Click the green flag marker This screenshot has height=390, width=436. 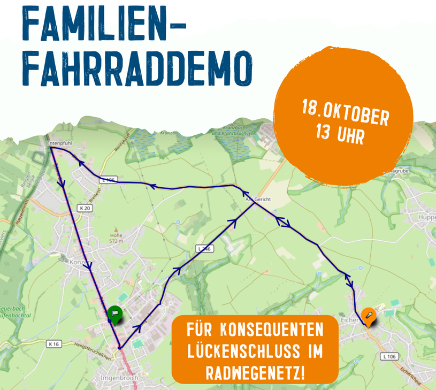tap(114, 314)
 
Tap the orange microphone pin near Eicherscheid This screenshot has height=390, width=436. tap(368, 316)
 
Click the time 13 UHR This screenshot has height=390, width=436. tap(340, 133)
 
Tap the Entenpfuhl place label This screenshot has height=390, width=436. tap(59, 143)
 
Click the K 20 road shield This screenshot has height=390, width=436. tap(84, 208)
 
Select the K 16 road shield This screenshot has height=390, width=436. tap(53, 344)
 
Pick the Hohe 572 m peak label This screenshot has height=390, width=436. tap(117, 238)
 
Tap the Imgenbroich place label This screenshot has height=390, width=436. tap(119, 378)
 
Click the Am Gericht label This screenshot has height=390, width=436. tap(258, 199)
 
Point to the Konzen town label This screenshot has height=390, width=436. tap(79, 262)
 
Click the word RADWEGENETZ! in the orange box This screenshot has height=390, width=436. tap(255, 373)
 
